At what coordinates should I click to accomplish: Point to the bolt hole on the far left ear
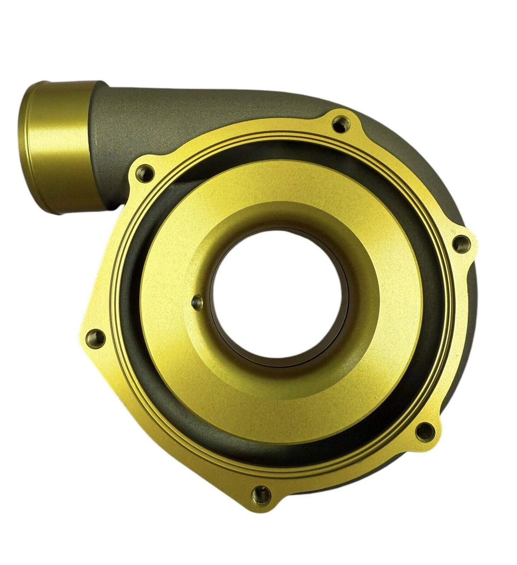[x=95, y=336]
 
